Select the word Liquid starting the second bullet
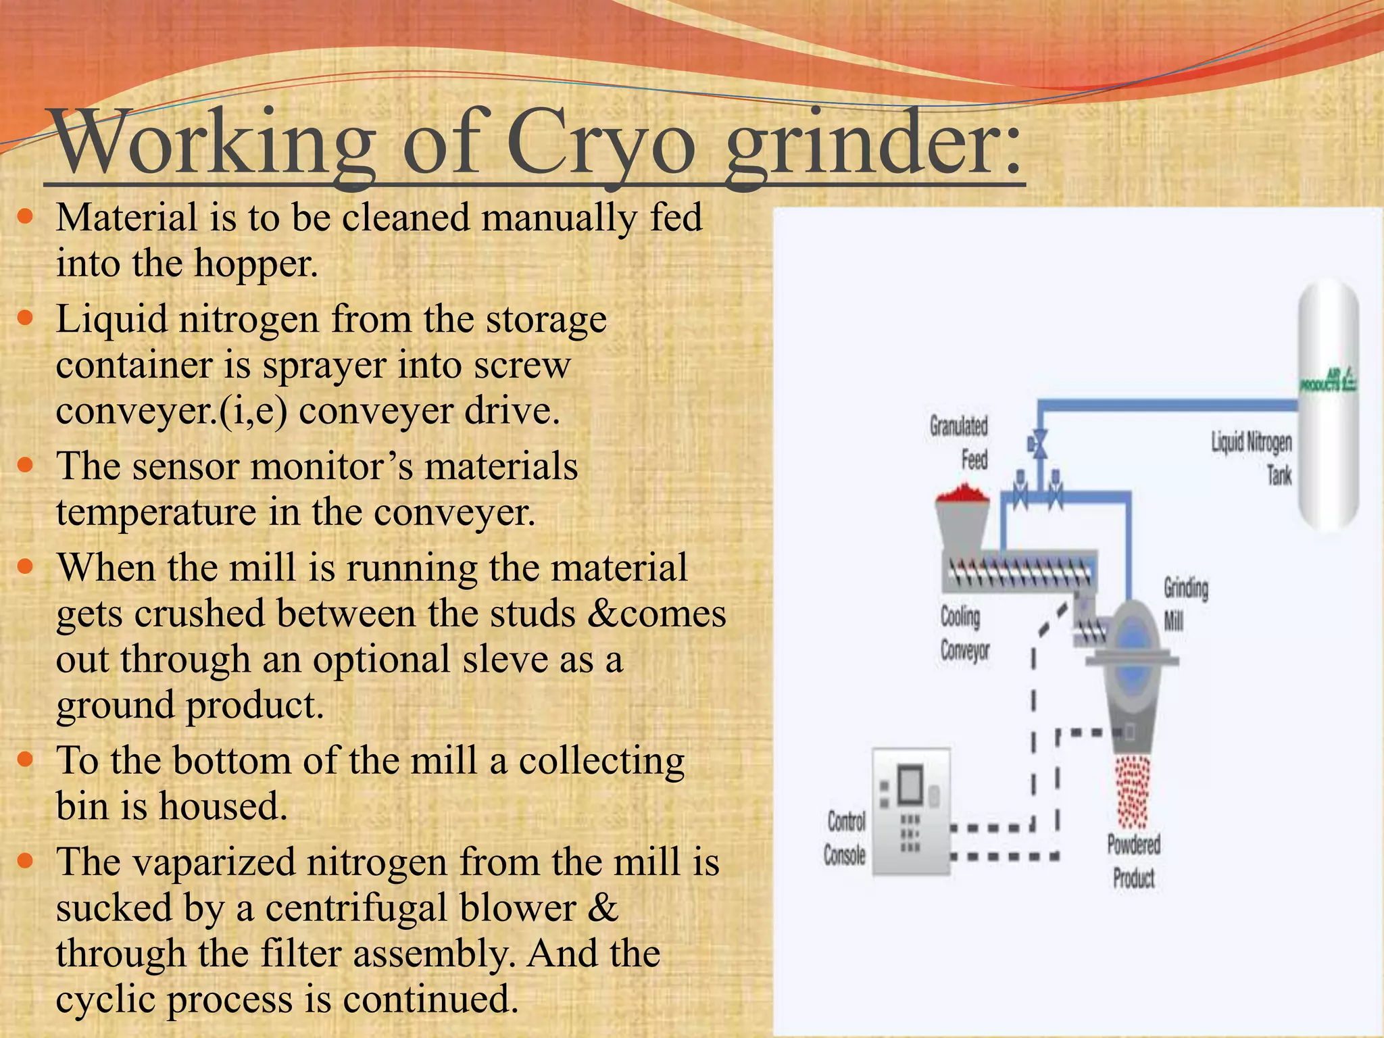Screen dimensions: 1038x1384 pyautogui.click(x=112, y=319)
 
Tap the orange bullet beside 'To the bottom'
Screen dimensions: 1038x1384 pyautogui.click(x=25, y=760)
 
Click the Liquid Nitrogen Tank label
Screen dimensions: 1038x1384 pyautogui.click(x=1252, y=458)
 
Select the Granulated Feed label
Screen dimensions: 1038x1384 pyautogui.click(x=960, y=443)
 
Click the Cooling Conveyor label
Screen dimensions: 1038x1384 pyautogui.click(x=964, y=633)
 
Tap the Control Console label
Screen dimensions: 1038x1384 pyautogui.click(x=845, y=838)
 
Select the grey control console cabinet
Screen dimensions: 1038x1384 pyautogui.click(x=910, y=811)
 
